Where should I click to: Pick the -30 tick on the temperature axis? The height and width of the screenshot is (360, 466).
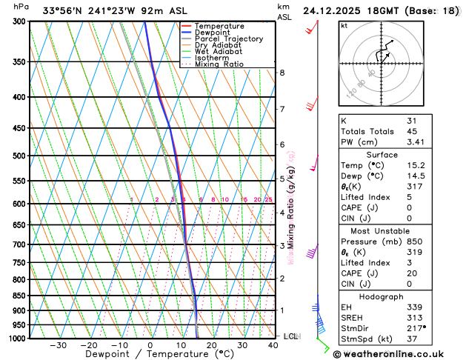tap(58, 345)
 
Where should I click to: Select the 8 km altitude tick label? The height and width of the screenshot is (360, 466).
tap(282, 73)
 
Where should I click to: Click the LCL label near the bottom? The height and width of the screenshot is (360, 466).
tap(290, 336)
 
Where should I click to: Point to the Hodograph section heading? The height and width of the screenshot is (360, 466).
tap(382, 296)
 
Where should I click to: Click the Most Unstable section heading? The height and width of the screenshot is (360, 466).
tap(382, 230)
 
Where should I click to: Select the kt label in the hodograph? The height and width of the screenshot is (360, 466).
tap(344, 25)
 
